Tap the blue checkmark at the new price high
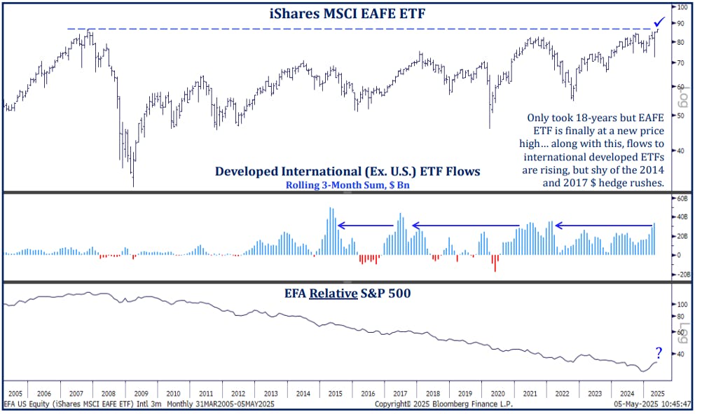click(659, 22)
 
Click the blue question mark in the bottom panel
click(659, 353)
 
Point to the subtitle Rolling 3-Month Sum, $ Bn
click(347, 186)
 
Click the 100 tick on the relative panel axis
click(679, 305)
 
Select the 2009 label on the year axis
click(141, 394)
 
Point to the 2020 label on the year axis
click(498, 394)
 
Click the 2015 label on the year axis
click(336, 394)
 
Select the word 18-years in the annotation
click(583, 118)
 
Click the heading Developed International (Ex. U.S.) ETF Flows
click(347, 172)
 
